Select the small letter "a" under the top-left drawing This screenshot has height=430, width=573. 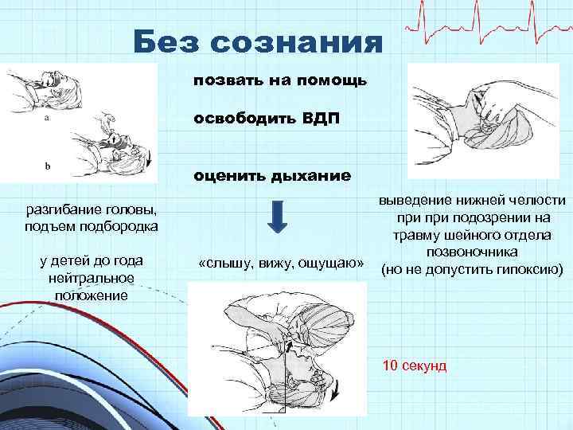point(47,116)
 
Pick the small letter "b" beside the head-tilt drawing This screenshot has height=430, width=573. point(47,166)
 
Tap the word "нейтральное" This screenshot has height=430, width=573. point(83,278)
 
